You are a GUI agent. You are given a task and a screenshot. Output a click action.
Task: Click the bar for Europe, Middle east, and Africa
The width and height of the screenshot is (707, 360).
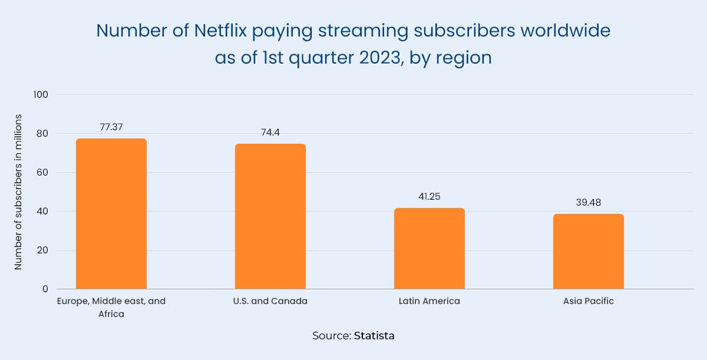coord(111,214)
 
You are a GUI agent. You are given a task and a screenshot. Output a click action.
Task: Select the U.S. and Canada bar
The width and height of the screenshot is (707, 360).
coord(270,216)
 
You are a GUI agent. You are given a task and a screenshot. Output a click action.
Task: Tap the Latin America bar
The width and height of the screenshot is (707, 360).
coord(429,249)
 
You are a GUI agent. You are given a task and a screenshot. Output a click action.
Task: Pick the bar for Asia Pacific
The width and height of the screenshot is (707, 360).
coord(588,251)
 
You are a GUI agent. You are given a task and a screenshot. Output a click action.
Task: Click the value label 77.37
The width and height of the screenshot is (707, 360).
coord(111,127)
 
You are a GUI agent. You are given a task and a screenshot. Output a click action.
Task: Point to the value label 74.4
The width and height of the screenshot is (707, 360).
coord(270,132)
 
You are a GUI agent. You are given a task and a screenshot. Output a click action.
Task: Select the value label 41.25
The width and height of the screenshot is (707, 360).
coord(429,196)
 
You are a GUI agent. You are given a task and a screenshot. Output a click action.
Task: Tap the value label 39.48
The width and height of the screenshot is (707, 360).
coord(588,202)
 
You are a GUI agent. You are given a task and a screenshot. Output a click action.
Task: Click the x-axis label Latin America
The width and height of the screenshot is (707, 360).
coord(429,301)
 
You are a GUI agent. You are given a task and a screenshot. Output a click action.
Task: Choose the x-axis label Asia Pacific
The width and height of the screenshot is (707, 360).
coord(588,301)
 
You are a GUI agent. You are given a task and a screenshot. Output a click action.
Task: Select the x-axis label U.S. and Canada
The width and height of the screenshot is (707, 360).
coord(270,301)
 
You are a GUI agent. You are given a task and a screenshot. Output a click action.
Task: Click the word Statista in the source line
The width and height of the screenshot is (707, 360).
coord(374,336)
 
